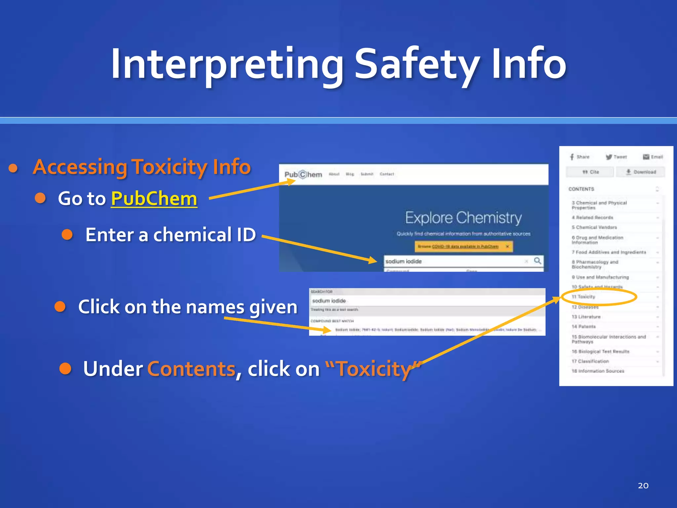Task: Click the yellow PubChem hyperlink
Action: pos(154,199)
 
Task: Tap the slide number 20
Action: pos(643,486)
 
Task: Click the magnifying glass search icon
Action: pos(538,261)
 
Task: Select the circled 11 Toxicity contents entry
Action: pos(584,297)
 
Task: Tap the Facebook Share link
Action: pos(579,157)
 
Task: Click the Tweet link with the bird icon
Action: pos(616,157)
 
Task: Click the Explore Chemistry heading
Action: pos(463,218)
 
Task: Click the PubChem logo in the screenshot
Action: pos(303,174)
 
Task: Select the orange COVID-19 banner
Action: pos(463,246)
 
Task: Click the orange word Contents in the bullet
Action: pos(191,369)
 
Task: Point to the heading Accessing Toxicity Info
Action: pos(142,167)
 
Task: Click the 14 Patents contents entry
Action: pos(584,326)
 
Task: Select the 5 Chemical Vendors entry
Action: pos(594,227)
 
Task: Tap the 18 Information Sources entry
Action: pos(598,371)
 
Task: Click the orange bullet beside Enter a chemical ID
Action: pos(67,234)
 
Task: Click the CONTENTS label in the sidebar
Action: pos(581,189)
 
